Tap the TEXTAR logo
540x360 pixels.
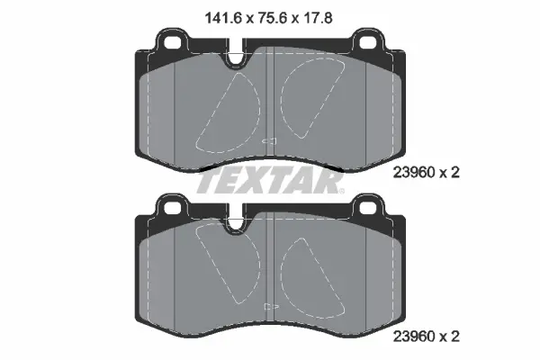(270, 183)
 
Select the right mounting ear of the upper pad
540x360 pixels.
(370, 40)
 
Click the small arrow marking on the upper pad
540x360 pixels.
(267, 140)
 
